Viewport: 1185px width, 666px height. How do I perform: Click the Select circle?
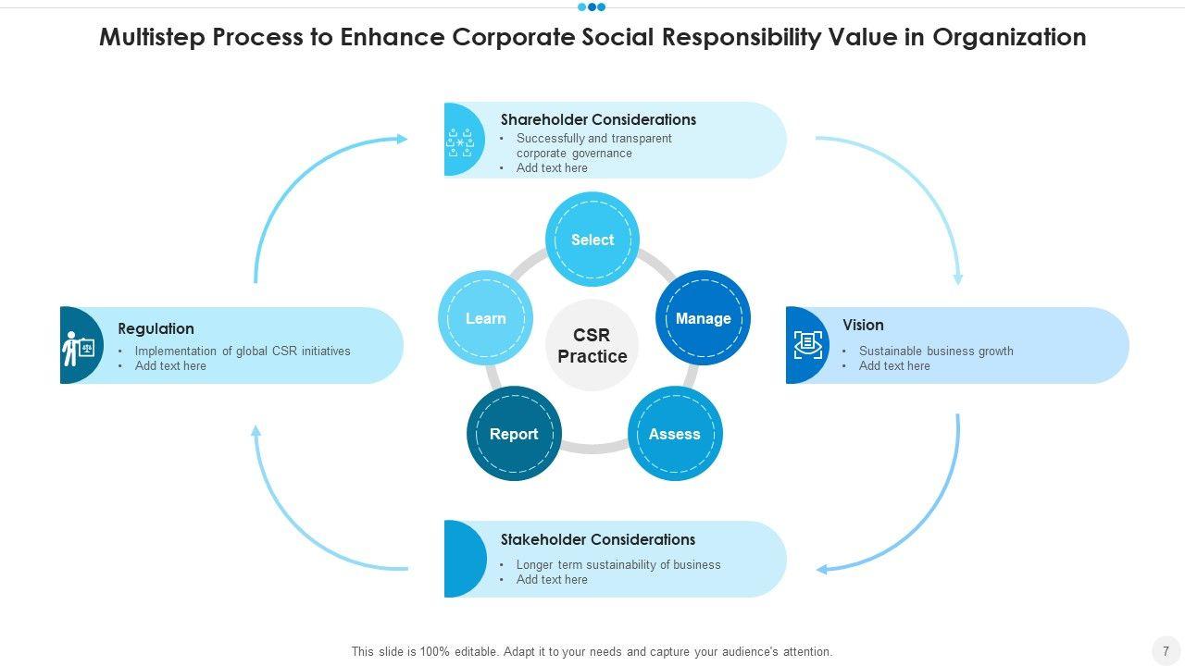[x=592, y=240]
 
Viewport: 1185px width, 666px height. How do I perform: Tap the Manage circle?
[x=703, y=318]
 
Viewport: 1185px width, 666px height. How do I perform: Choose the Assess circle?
[x=675, y=434]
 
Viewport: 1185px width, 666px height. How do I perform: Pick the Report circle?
[x=514, y=434]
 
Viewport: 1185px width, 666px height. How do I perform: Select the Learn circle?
[x=485, y=318]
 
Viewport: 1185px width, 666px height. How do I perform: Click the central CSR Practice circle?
[x=592, y=345]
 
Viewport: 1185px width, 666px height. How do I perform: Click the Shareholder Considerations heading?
[x=598, y=119]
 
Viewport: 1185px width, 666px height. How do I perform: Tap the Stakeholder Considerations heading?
[x=598, y=539]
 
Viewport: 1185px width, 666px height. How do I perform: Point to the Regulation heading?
[x=156, y=328]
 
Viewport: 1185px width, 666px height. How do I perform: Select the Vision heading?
[x=863, y=325]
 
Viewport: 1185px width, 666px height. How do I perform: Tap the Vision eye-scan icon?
[x=807, y=345]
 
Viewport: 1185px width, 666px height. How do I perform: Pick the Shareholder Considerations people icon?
[x=460, y=142]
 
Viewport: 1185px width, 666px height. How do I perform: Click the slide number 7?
[x=1166, y=651]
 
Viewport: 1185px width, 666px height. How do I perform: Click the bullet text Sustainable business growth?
[x=936, y=351]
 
